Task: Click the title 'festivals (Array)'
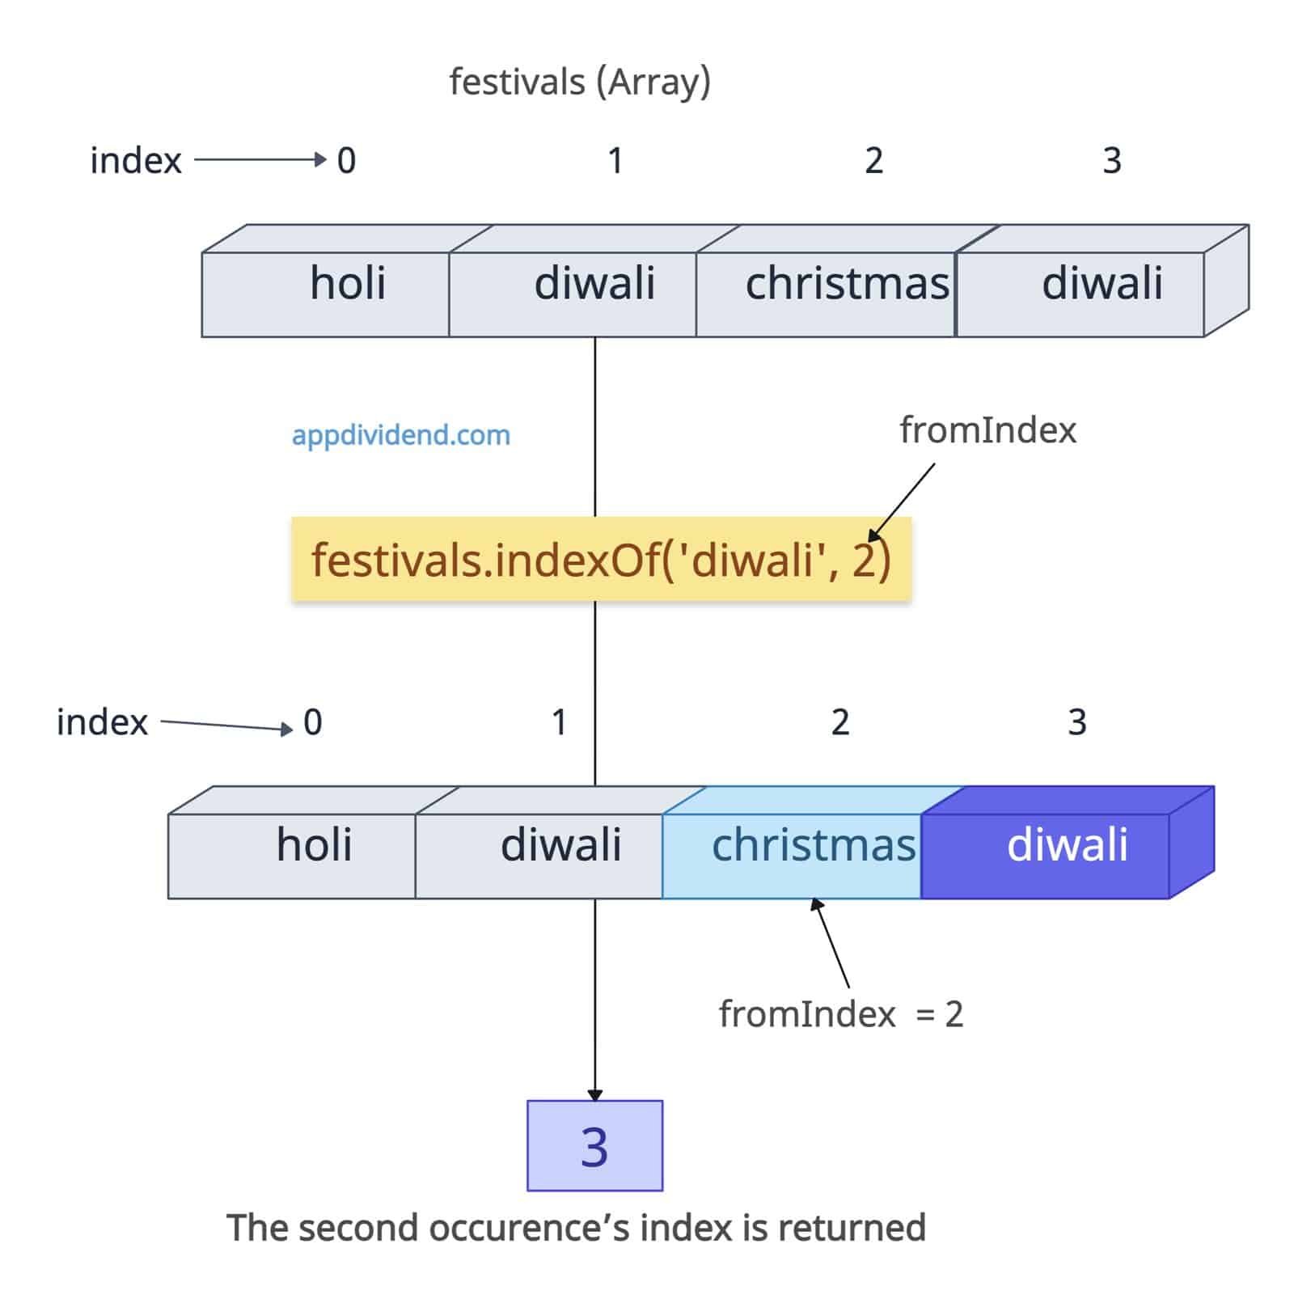[x=580, y=82]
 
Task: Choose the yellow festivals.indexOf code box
[x=601, y=560]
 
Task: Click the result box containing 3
[x=594, y=1145]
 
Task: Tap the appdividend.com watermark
[x=401, y=435]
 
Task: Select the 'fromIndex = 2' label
[x=841, y=1014]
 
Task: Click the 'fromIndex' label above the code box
[x=987, y=430]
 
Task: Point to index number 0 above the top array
[x=346, y=161]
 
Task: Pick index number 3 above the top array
[x=1112, y=161]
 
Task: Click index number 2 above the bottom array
[x=840, y=722]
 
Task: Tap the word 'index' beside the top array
[x=136, y=161]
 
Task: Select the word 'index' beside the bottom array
[x=102, y=722]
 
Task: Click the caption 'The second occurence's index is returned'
[x=576, y=1228]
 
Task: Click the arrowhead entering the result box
[x=595, y=1094]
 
